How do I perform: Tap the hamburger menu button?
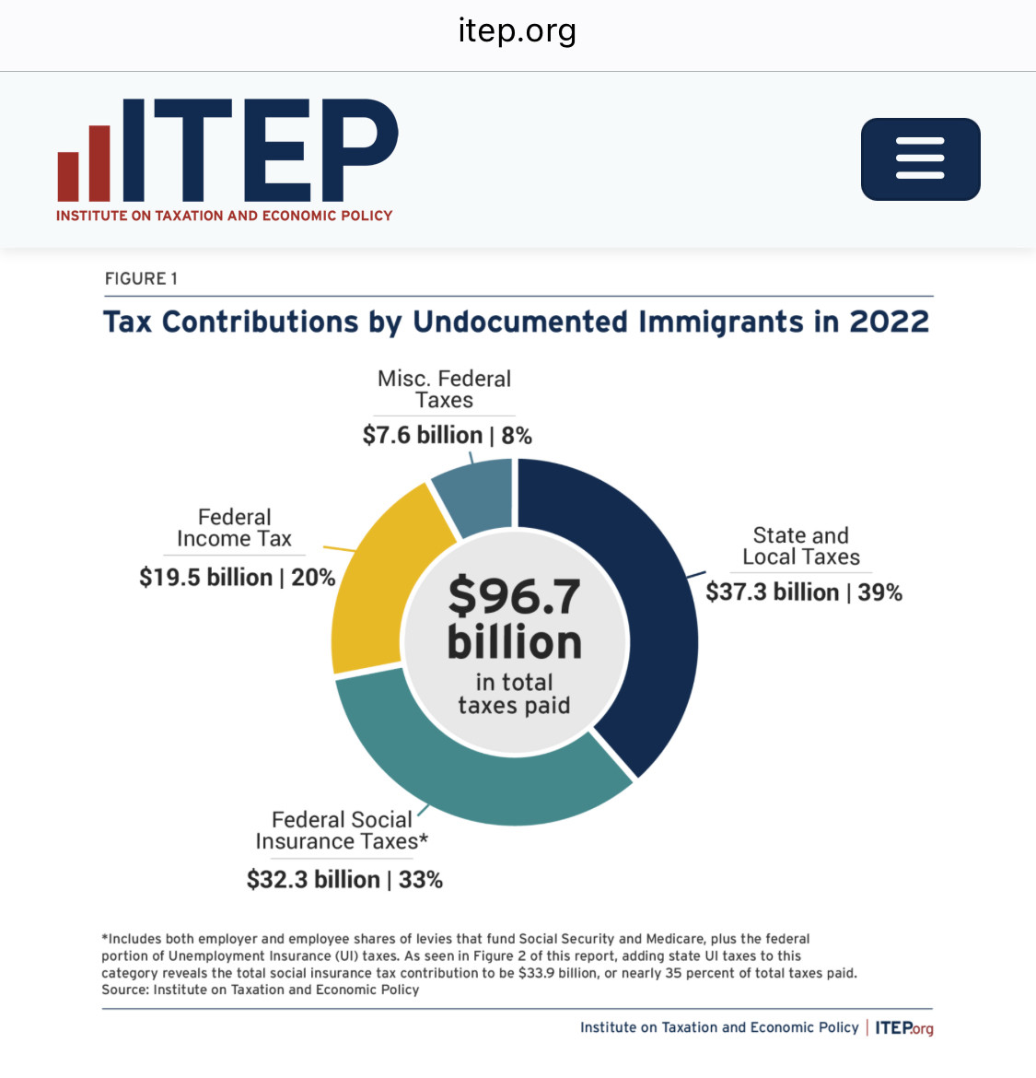click(x=920, y=158)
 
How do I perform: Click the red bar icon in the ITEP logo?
click(x=84, y=164)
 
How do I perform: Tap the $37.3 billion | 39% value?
click(x=804, y=592)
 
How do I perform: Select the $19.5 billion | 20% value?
click(x=237, y=577)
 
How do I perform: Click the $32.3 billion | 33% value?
click(x=345, y=879)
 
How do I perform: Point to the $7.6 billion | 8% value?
click(x=448, y=435)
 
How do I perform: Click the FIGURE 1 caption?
click(x=141, y=278)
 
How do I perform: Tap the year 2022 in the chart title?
click(x=889, y=322)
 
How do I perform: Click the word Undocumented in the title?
click(x=520, y=322)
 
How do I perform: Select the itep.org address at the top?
click(x=518, y=31)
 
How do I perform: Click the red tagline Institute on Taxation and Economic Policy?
click(x=225, y=216)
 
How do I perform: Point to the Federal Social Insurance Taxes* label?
click(x=343, y=830)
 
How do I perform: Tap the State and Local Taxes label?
click(x=801, y=545)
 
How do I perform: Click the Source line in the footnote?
click(x=261, y=990)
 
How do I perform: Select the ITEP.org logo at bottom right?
click(x=904, y=1028)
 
